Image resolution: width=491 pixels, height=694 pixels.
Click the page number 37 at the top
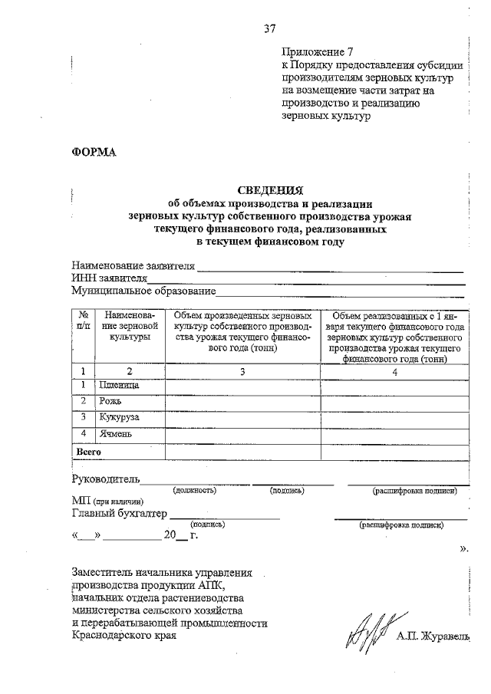[269, 29]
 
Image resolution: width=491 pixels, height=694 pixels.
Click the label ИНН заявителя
[108, 279]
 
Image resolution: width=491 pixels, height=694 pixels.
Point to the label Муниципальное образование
[143, 291]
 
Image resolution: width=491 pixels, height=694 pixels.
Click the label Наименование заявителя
[133, 267]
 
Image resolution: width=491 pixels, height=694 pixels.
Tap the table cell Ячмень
[115, 435]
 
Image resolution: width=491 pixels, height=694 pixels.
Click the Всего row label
[89, 452]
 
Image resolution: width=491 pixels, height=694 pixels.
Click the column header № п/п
[84, 321]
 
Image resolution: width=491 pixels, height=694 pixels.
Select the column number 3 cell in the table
[242, 370]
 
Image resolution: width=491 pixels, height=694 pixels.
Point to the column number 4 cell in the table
[394, 371]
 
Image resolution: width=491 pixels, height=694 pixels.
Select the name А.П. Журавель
[432, 636]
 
